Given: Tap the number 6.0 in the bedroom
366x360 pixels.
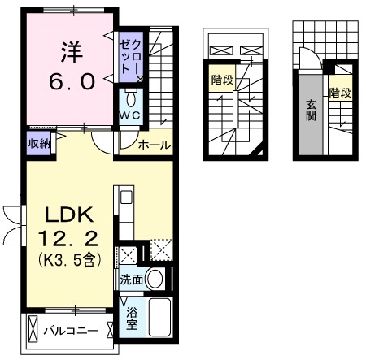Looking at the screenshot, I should [x=69, y=81].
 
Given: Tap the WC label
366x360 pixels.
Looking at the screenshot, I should [x=132, y=115].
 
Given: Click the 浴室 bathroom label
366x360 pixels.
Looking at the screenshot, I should [x=132, y=318].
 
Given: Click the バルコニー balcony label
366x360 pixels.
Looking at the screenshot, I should [x=81, y=332].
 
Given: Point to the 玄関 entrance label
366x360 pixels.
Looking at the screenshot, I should [x=312, y=110].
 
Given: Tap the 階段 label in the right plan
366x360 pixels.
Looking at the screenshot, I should [x=339, y=93].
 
